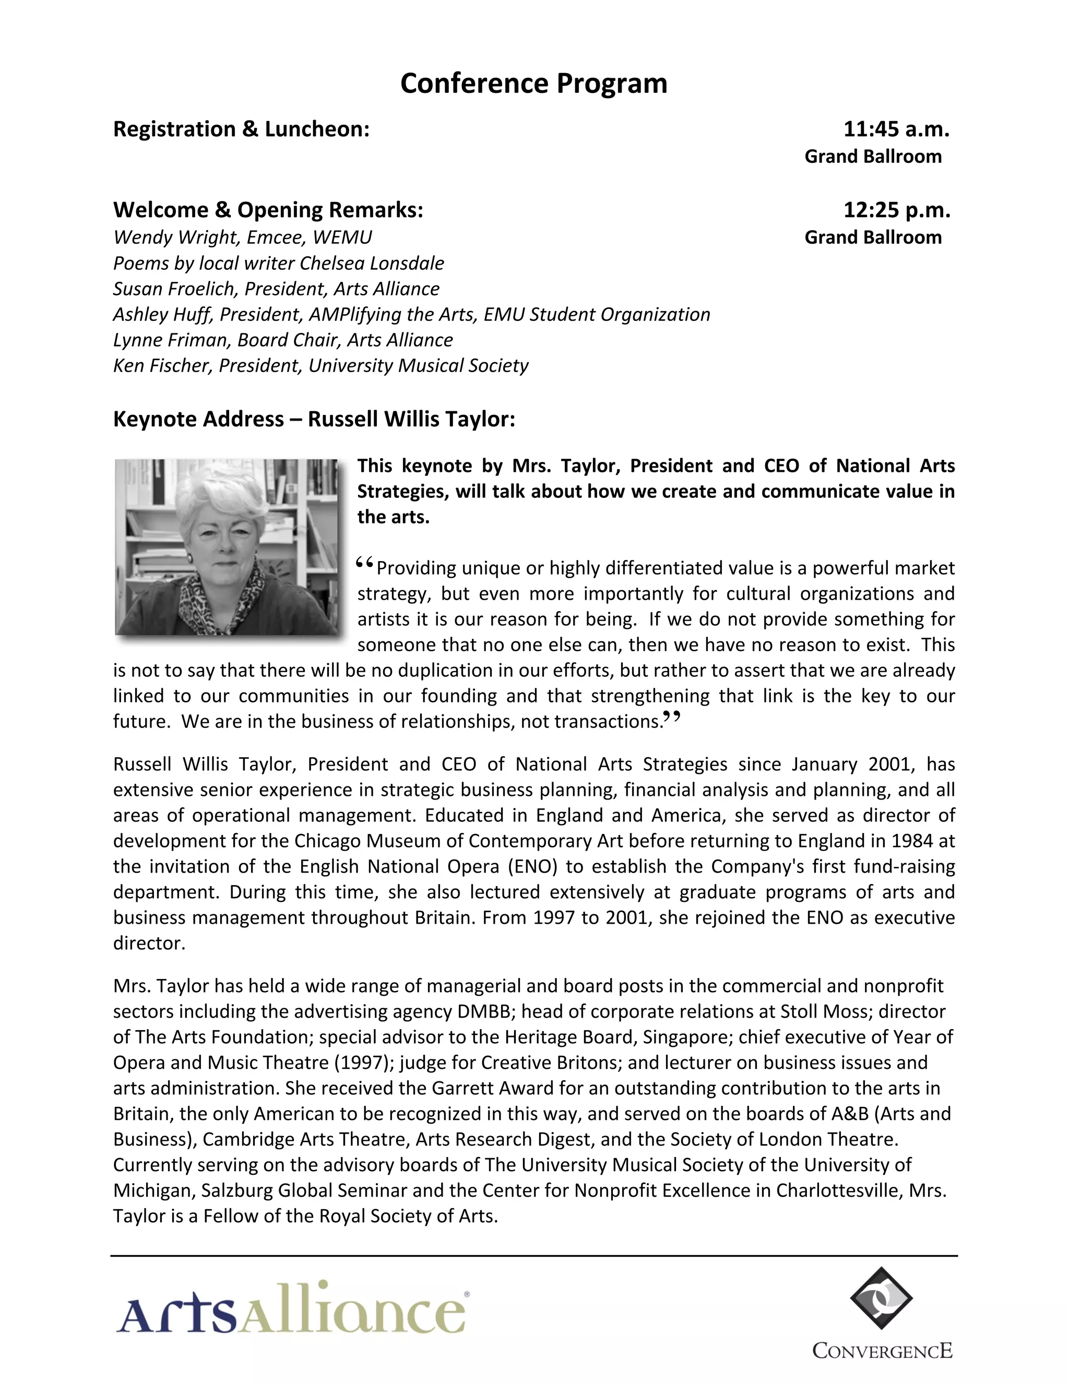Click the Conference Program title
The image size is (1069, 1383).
tap(533, 84)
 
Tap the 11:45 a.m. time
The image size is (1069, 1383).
tap(896, 129)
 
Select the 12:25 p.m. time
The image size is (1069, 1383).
tap(896, 210)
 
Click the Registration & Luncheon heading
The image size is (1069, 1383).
tap(241, 129)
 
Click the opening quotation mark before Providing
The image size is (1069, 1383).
tap(365, 562)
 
